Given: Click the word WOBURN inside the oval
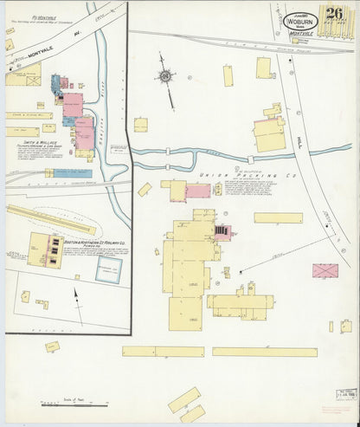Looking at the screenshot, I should point(302,23).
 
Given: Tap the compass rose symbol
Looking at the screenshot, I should point(164,76).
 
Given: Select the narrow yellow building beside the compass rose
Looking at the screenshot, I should point(228,75).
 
